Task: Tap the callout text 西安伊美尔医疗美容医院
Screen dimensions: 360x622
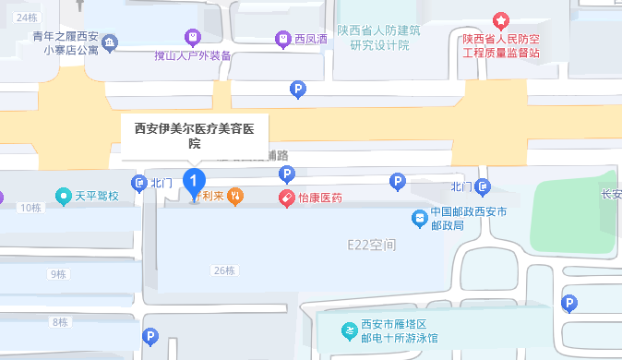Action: [195, 136]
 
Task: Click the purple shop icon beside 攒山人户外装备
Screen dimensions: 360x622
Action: [192, 38]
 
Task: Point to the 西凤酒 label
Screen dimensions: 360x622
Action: [311, 39]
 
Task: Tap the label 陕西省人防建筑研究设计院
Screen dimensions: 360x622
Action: [378, 37]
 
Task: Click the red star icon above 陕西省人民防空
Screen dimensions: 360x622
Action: [500, 19]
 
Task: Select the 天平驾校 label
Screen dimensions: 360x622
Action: [97, 196]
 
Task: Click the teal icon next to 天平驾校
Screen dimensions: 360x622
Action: [63, 196]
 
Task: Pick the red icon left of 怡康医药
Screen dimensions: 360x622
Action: [287, 198]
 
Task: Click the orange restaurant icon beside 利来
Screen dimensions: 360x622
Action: [235, 195]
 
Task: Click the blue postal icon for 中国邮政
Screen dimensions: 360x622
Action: [418, 218]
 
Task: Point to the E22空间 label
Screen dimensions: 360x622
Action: [371, 245]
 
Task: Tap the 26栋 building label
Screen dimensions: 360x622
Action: [223, 270]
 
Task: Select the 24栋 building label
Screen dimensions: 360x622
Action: [26, 18]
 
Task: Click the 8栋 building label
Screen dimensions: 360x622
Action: [60, 322]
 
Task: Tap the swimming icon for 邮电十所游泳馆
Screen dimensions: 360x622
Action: [348, 330]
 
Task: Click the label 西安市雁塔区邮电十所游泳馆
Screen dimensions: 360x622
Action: [401, 330]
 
